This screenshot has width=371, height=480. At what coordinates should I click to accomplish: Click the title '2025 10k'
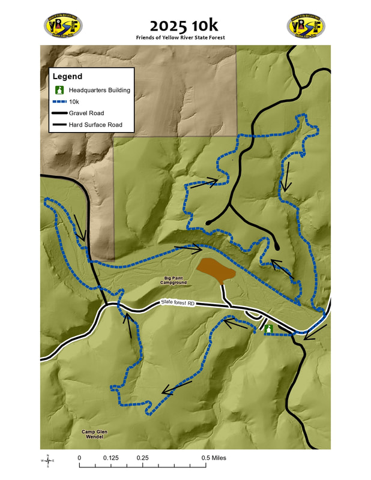pyautogui.click(x=185, y=25)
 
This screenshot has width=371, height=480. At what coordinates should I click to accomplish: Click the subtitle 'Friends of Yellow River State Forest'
pyautogui.click(x=185, y=37)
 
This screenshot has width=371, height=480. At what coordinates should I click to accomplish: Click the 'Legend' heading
pyautogui.click(x=67, y=77)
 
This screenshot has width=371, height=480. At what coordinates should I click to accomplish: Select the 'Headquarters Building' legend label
pyautogui.click(x=99, y=91)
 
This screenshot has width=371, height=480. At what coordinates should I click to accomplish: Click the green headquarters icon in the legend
pyautogui.click(x=59, y=91)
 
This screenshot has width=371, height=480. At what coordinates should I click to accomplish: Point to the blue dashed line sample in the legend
pyautogui.click(x=59, y=102)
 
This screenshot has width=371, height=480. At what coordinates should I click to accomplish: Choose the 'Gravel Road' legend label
pyautogui.click(x=86, y=113)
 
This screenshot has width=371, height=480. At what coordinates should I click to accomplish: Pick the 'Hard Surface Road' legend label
pyautogui.click(x=95, y=125)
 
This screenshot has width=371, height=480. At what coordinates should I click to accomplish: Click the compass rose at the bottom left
pyautogui.click(x=47, y=460)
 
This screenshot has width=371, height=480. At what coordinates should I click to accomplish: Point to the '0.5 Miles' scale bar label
pyautogui.click(x=214, y=458)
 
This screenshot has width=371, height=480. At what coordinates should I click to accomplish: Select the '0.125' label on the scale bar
pyautogui.click(x=110, y=458)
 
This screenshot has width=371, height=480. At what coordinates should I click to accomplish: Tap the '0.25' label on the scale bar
pyautogui.click(x=142, y=458)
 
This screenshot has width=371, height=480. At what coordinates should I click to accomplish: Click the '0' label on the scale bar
pyautogui.click(x=79, y=458)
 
